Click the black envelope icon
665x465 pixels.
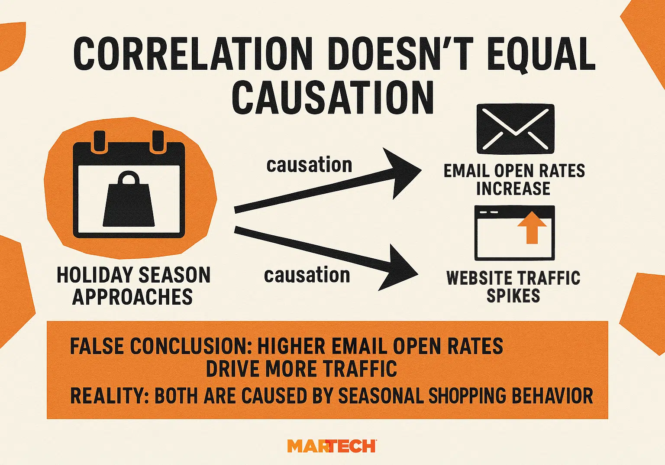[x=515, y=129]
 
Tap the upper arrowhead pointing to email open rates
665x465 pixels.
[x=400, y=172]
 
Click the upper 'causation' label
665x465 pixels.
[x=309, y=165]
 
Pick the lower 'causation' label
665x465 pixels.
[x=307, y=276]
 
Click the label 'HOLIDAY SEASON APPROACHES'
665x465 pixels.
[x=133, y=286]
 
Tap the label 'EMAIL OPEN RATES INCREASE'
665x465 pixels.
[x=514, y=180]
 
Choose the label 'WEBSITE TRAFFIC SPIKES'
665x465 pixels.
[x=513, y=287]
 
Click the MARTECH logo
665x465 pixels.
[x=332, y=446]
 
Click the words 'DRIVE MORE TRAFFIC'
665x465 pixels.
[x=301, y=369]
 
